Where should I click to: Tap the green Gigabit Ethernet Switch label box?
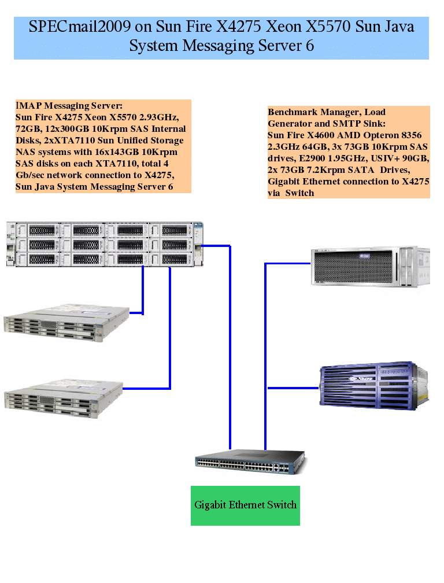click(x=245, y=505)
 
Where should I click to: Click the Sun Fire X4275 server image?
click(x=105, y=243)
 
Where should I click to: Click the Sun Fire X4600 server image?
click(x=370, y=267)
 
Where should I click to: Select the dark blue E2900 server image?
click(x=368, y=386)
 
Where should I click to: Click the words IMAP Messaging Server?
click(x=69, y=105)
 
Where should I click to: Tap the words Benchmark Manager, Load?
click(x=327, y=112)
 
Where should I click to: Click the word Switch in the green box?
click(x=281, y=505)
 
